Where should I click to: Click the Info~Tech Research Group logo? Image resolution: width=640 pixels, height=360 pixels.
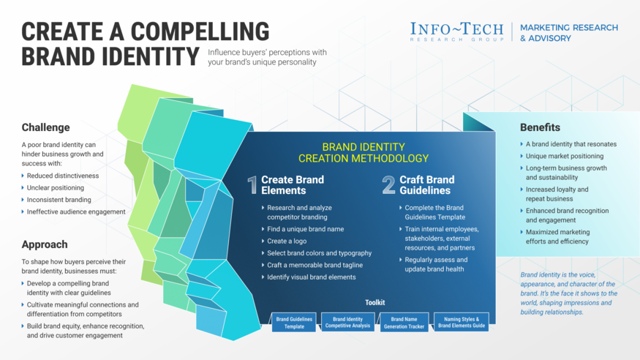click(x=457, y=32)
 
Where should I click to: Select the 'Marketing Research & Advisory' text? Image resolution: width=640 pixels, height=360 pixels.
click(x=568, y=33)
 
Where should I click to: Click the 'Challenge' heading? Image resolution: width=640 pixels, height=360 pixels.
click(x=45, y=127)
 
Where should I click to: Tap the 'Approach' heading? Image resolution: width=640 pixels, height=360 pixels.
click(x=45, y=244)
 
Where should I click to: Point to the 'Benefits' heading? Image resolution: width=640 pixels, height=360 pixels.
click(x=540, y=127)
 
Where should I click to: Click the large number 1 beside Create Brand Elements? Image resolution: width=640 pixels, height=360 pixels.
click(x=252, y=185)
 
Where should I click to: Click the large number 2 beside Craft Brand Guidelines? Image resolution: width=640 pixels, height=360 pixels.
click(x=388, y=185)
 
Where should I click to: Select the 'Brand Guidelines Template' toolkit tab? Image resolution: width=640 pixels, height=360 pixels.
click(x=294, y=323)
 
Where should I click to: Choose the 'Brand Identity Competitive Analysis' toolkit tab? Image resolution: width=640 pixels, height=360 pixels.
click(x=348, y=323)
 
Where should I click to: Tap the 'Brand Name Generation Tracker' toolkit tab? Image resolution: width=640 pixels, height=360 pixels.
click(x=404, y=323)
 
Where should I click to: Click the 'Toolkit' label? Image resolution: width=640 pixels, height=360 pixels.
click(x=374, y=303)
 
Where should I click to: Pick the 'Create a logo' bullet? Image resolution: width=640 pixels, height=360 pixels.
click(x=287, y=241)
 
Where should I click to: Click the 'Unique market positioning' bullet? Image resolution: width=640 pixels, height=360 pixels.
click(x=564, y=156)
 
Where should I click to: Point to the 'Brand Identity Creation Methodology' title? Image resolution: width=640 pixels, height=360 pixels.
click(x=364, y=152)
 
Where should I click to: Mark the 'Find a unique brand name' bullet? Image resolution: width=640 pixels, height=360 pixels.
click(x=305, y=229)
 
